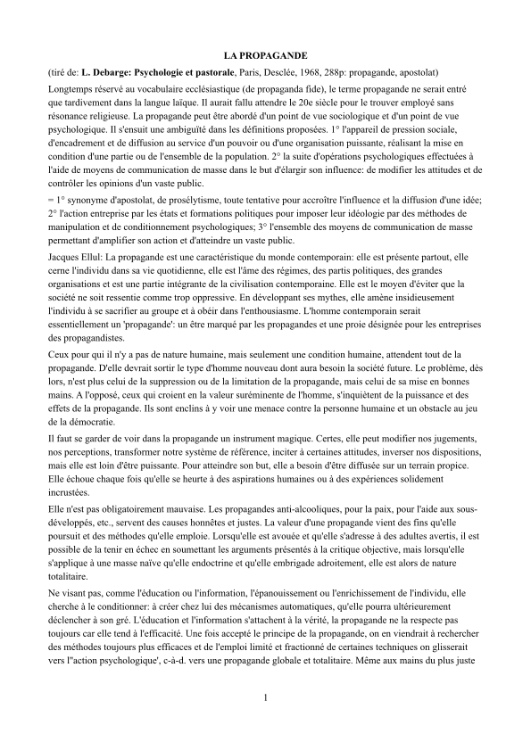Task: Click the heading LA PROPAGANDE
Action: tap(265, 55)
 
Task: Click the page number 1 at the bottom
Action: tap(265, 696)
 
